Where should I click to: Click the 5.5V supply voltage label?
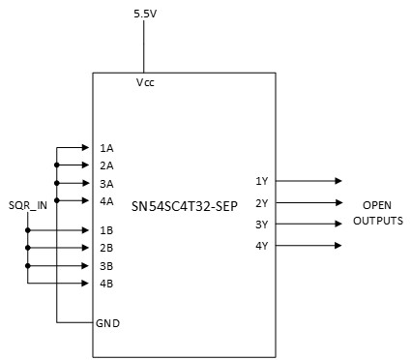point(144,13)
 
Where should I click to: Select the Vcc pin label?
point(146,83)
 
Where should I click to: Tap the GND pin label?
point(107,321)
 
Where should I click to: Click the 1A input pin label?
point(106,148)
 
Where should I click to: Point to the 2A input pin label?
point(106,165)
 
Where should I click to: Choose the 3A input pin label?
point(106,183)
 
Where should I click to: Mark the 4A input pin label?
point(106,201)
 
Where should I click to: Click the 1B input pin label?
point(106,230)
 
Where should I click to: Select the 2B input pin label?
point(106,248)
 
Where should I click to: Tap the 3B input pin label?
point(106,265)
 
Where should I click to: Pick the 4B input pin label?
point(106,284)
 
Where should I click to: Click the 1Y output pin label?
point(261,181)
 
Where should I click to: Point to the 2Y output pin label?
point(261,202)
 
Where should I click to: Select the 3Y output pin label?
point(261,224)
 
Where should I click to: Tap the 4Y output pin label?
point(261,245)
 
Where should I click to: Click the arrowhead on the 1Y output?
point(338,181)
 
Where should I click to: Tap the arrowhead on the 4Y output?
point(338,245)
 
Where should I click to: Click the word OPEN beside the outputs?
point(377,206)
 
